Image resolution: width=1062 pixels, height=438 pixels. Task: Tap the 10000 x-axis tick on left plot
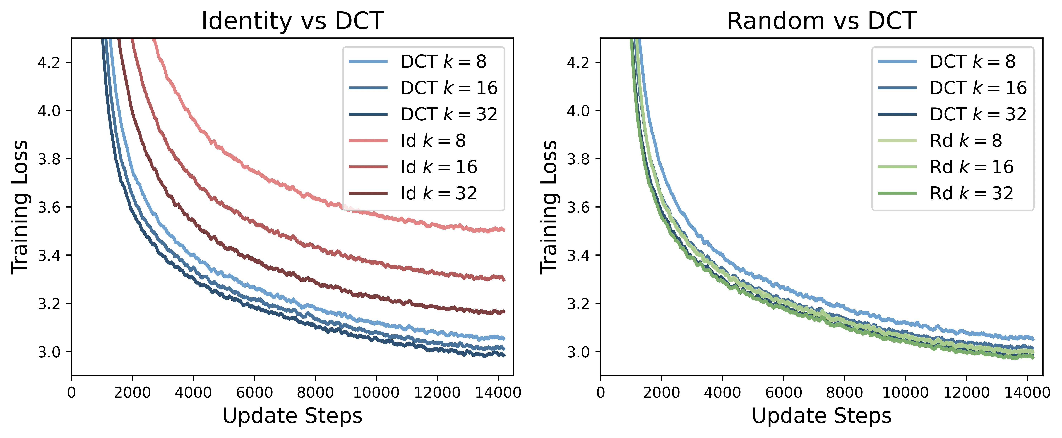(x=376, y=392)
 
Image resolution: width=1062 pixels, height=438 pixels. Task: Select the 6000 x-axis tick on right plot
(x=783, y=392)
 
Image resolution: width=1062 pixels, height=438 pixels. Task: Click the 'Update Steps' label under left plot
(x=293, y=416)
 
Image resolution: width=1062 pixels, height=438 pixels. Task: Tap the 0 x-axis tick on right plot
(x=601, y=392)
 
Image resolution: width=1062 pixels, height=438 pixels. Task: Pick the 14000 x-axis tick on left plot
(x=498, y=392)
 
